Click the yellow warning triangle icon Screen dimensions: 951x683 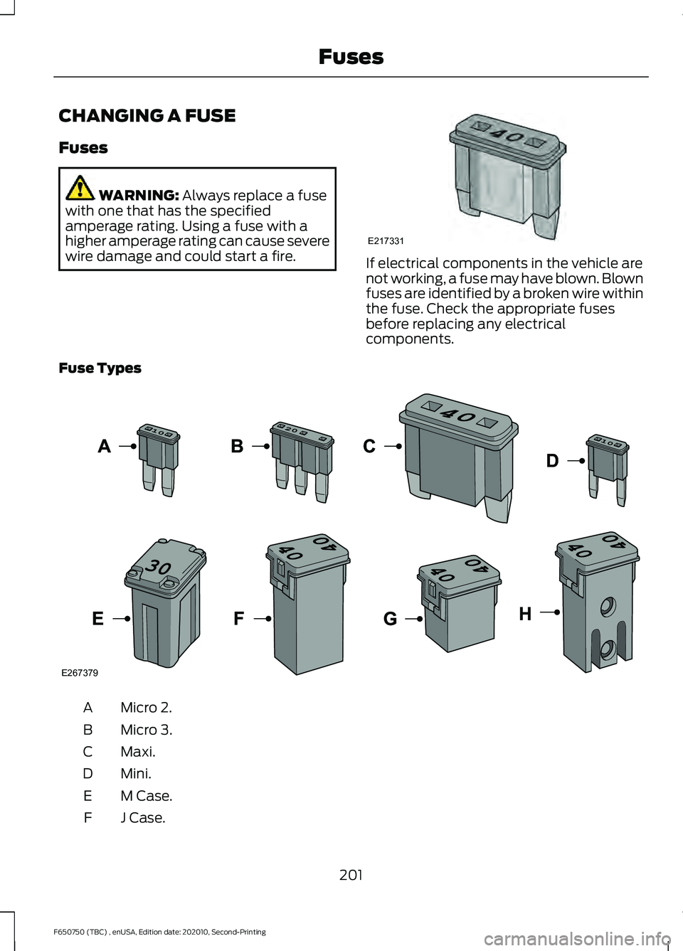(80, 188)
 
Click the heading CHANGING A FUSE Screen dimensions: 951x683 (147, 116)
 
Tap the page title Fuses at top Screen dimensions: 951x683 (351, 57)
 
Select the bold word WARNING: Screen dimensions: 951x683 (139, 196)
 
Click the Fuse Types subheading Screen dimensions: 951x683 (100, 368)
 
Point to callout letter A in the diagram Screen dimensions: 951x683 (105, 447)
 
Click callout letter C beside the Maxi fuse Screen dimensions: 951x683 (369, 447)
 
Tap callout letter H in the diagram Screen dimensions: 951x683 (525, 614)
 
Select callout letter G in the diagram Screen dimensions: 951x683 (390, 620)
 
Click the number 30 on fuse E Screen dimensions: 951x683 (159, 567)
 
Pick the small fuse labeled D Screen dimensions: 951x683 (608, 466)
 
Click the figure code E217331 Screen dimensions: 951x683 (386, 241)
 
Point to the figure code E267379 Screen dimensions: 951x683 (80, 673)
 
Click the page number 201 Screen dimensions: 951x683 (351, 875)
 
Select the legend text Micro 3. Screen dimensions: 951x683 (147, 730)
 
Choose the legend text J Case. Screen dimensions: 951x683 (143, 818)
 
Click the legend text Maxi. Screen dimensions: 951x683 (138, 752)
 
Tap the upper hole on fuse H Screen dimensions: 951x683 (608, 606)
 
